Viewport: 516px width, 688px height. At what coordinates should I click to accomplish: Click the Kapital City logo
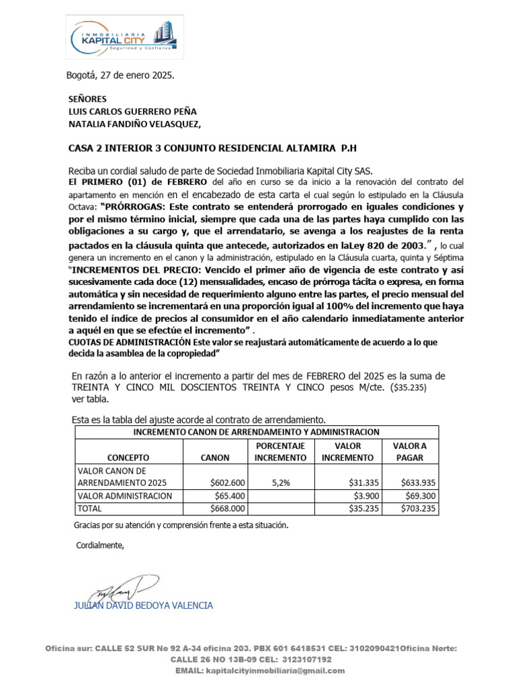click(124, 40)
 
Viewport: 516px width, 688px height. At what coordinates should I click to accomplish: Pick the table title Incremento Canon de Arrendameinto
click(257, 431)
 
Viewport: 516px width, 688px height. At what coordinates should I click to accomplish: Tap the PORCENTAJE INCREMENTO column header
click(280, 451)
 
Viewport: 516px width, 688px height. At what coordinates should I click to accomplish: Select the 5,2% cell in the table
click(280, 482)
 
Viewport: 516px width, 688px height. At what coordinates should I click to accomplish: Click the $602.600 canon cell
click(227, 482)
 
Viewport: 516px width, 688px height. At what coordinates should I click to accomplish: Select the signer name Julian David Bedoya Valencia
click(142, 605)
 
